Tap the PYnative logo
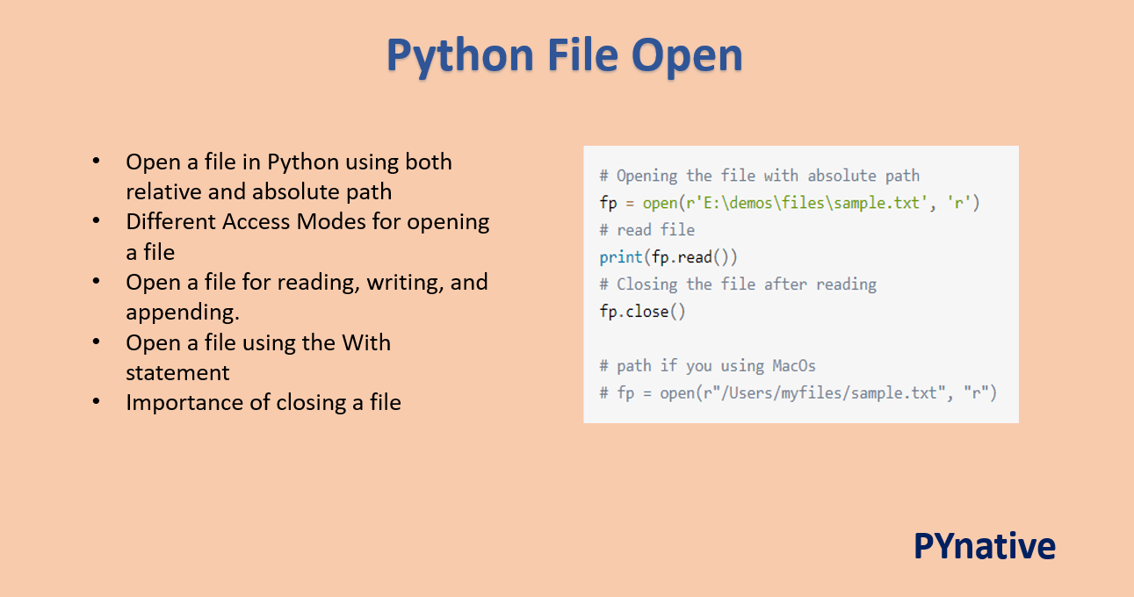pos(984,545)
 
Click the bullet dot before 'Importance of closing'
pos(96,402)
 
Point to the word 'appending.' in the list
pos(182,313)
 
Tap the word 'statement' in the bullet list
pos(177,372)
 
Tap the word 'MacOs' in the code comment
pos(793,365)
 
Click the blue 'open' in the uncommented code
pos(660,203)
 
